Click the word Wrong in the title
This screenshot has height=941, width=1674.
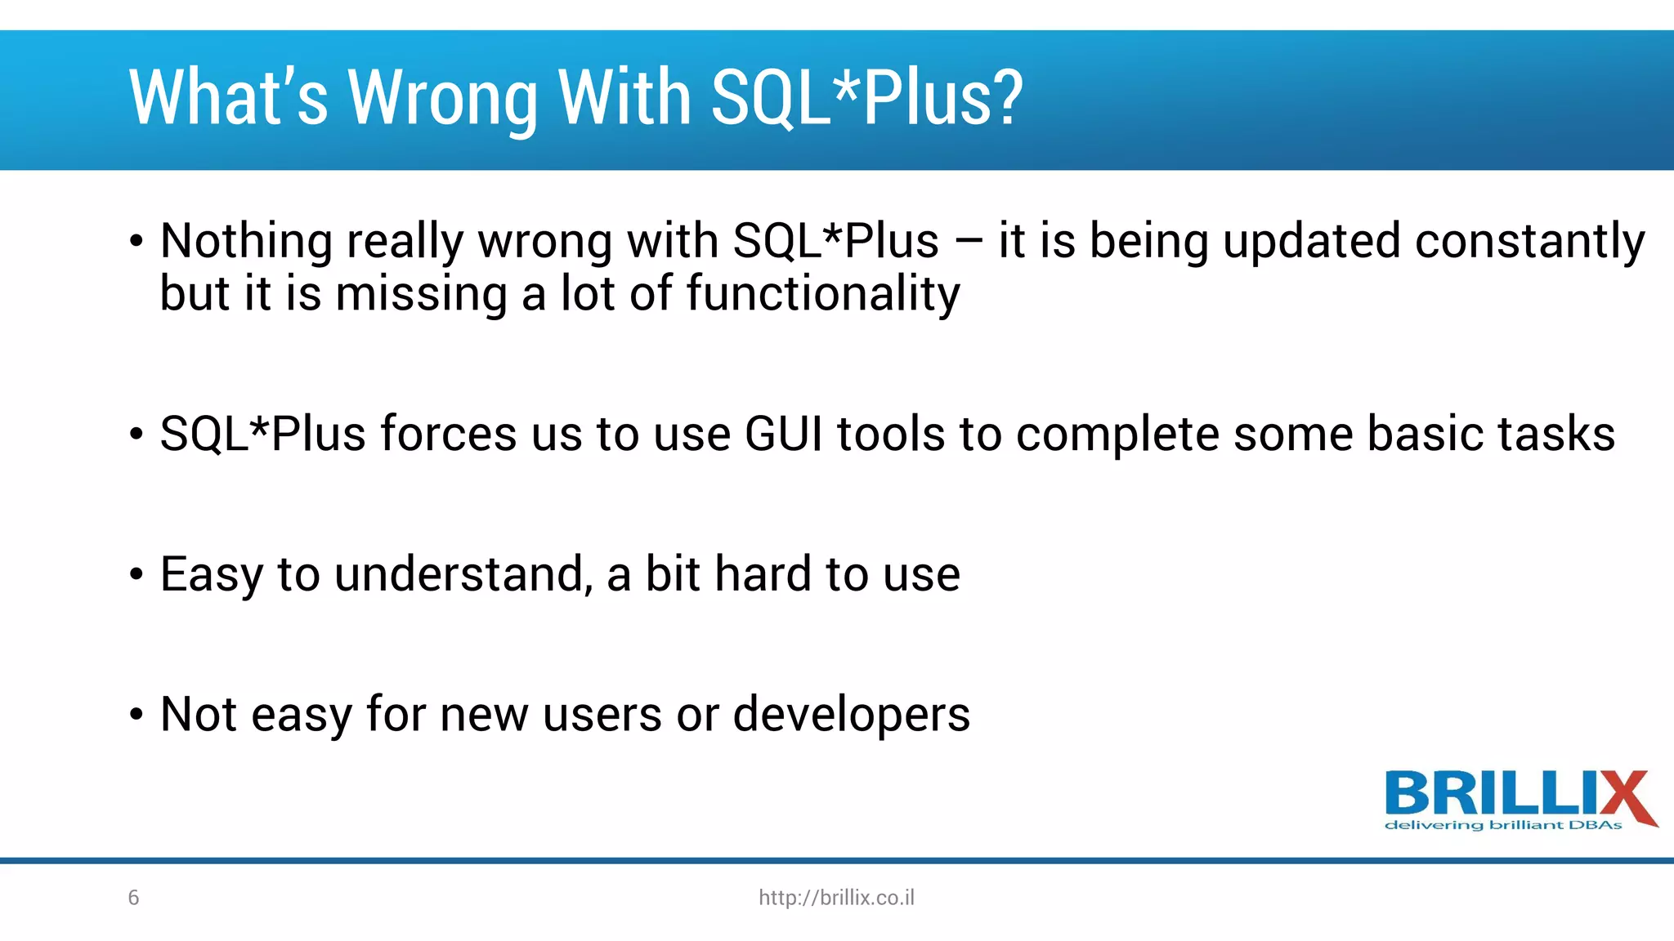point(442,99)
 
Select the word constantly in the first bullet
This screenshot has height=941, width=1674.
point(1529,242)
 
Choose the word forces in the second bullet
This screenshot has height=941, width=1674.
point(448,434)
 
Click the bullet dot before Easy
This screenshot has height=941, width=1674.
point(137,575)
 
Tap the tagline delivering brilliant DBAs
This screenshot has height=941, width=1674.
point(1502,826)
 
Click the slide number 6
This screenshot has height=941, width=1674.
point(134,898)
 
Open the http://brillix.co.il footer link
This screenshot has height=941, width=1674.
point(836,898)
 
